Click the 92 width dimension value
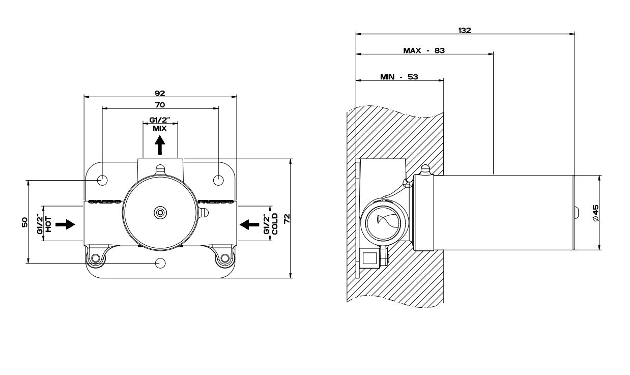(x=160, y=93)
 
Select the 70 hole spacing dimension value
(x=160, y=105)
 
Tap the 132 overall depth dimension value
(x=465, y=30)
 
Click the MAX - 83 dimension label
(x=424, y=50)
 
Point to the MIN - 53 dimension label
(x=399, y=77)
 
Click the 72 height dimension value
(x=287, y=219)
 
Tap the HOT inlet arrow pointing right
(x=65, y=224)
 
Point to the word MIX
(x=160, y=128)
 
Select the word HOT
(x=49, y=224)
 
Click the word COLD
(x=274, y=224)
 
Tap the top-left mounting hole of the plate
(x=102, y=179)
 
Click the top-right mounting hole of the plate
(x=218, y=179)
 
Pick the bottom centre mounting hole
(x=160, y=263)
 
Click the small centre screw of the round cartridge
(x=160, y=212)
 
